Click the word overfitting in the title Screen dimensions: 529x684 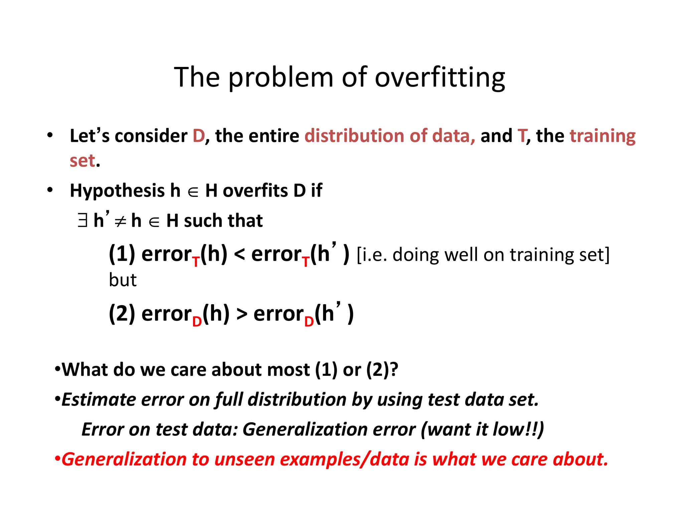click(440, 78)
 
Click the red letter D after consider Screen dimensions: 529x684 click(198, 136)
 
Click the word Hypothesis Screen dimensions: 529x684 click(117, 191)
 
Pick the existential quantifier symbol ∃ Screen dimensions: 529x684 click(82, 221)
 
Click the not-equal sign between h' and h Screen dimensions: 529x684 click(120, 222)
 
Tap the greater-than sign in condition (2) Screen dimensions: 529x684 click(242, 314)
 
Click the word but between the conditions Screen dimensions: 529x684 click(123, 280)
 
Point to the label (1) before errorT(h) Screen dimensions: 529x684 click(122, 254)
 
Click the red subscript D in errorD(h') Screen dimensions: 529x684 click(309, 322)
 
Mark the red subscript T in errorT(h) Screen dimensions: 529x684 click(196, 262)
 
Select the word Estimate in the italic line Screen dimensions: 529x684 click(99, 400)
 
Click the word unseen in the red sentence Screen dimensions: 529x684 click(244, 459)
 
